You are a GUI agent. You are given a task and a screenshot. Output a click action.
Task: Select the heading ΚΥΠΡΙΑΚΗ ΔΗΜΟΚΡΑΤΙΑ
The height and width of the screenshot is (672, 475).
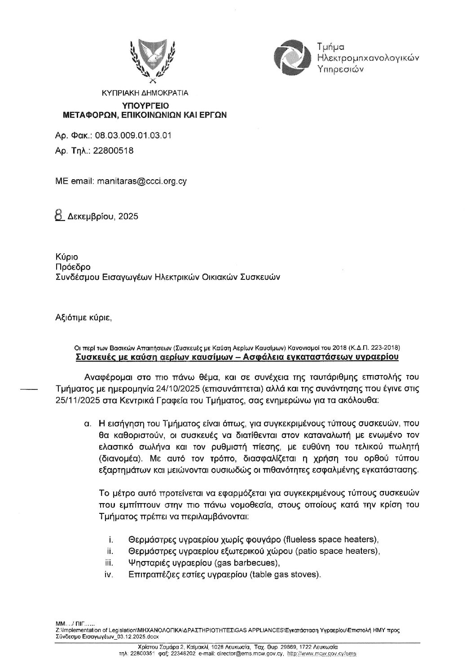[x=145, y=93]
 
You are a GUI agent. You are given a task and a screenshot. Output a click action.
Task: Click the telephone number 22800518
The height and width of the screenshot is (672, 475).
[x=113, y=150]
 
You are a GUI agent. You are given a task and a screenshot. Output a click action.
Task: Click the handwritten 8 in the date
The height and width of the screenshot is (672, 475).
[x=58, y=216]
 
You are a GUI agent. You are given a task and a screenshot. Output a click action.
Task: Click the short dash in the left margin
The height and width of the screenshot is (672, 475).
[x=30, y=389]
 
